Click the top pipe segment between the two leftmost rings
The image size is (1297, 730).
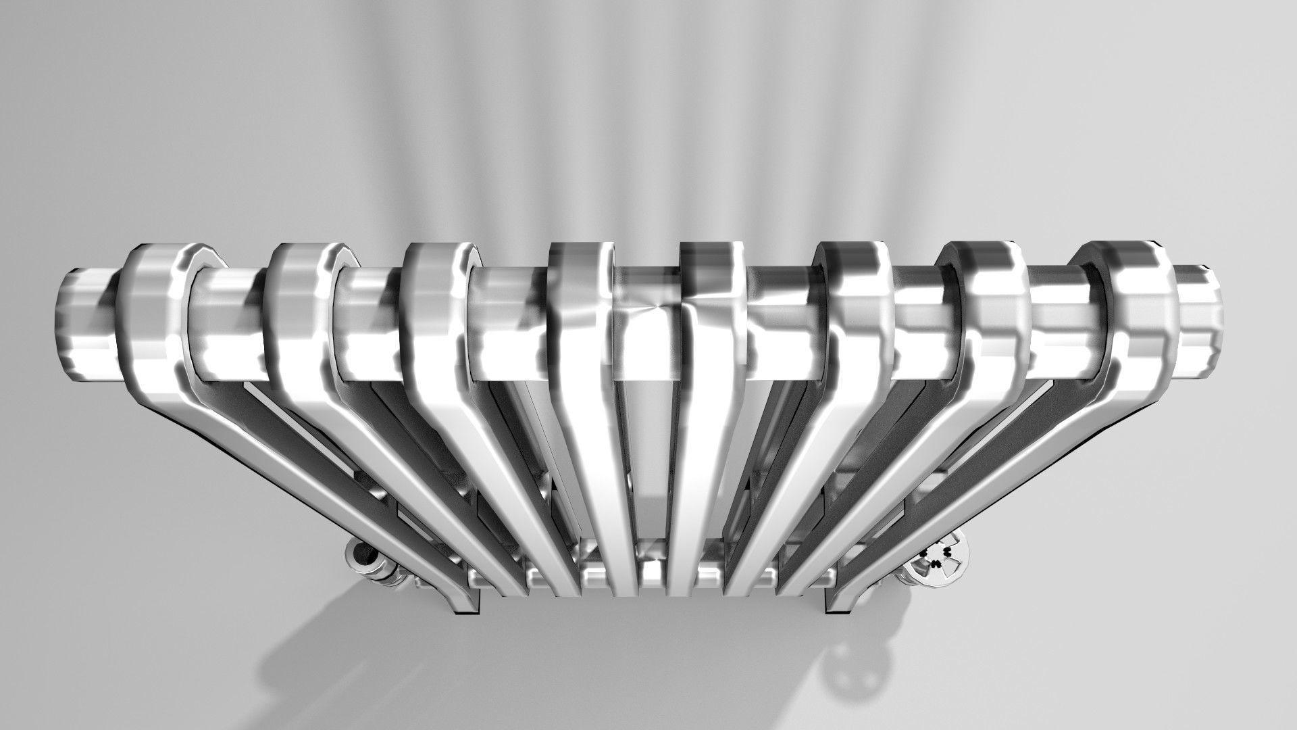pyautogui.click(x=230, y=324)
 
